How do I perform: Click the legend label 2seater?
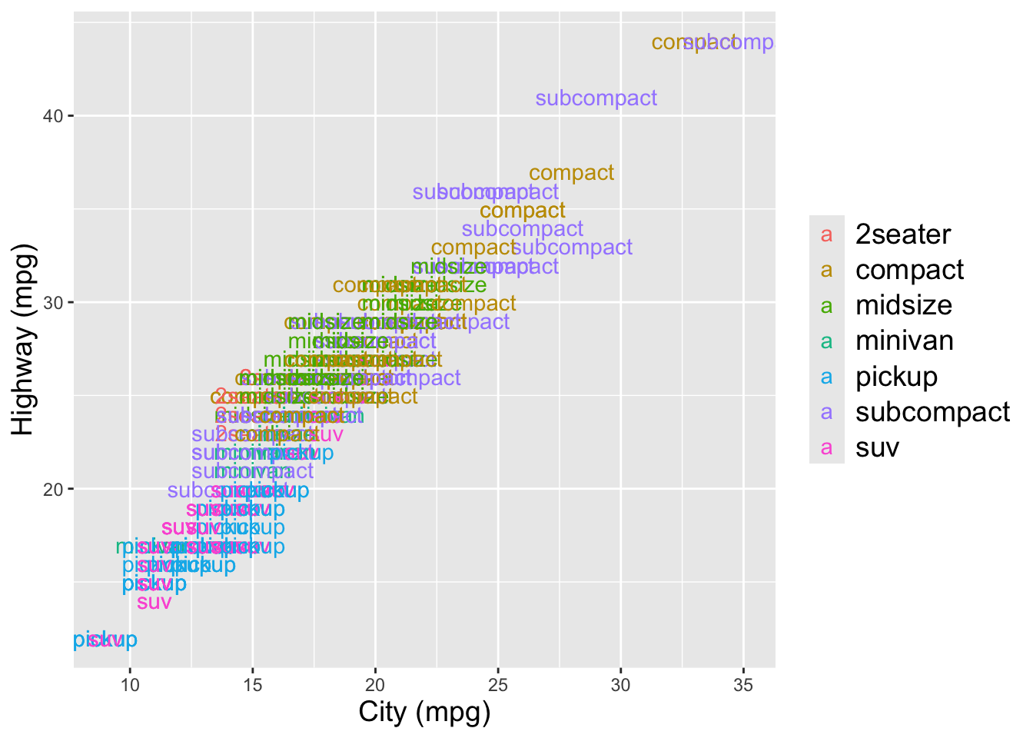tap(903, 234)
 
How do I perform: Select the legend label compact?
tap(909, 270)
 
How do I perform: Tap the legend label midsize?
tap(904, 305)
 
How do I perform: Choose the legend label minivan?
tap(905, 341)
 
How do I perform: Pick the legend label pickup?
tap(897, 377)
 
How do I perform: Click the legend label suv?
tap(877, 447)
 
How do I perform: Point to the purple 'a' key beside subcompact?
tap(827, 413)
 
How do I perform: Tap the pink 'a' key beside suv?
tap(827, 448)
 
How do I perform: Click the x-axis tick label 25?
tap(498, 684)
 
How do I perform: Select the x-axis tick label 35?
tap(743, 684)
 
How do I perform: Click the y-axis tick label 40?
tap(51, 116)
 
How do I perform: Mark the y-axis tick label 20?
tap(51, 489)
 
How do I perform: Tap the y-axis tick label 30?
tap(51, 302)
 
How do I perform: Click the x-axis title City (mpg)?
tap(424, 713)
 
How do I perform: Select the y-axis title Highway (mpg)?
tap(23, 340)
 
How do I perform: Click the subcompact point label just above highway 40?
tap(596, 98)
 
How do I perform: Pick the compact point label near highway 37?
tap(572, 173)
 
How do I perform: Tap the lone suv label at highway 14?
tap(154, 602)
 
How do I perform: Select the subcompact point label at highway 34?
tap(523, 229)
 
